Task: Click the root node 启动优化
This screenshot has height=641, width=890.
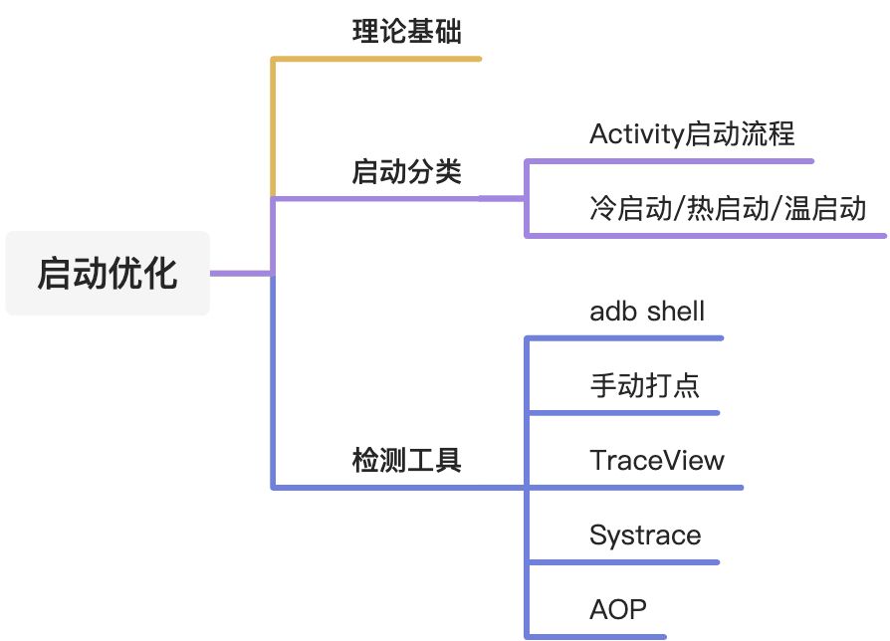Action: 108,273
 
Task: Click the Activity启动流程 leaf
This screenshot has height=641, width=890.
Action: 692,133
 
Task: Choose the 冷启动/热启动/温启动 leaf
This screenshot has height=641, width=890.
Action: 728,209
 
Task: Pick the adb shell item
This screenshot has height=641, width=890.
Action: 647,312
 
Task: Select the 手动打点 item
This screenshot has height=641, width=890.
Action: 644,385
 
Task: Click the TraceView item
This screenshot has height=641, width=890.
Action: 657,460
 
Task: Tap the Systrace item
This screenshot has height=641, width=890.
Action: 645,535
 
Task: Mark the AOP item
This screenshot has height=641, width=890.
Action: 617,609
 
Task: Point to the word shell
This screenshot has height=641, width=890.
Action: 676,312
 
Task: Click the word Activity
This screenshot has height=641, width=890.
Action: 637,133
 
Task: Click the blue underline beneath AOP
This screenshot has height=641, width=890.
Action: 597,636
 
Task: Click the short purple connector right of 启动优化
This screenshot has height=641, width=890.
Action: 239,273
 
